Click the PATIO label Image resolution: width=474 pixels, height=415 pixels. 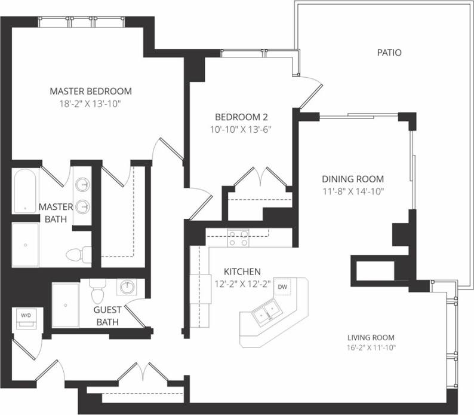click(x=389, y=53)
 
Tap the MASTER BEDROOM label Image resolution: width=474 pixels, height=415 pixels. click(x=90, y=91)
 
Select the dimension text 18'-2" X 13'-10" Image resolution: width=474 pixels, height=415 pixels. click(x=90, y=103)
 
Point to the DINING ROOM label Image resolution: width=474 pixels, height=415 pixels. click(x=352, y=179)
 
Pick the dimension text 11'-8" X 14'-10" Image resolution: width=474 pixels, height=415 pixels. click(x=352, y=191)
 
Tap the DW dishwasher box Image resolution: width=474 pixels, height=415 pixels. click(x=282, y=287)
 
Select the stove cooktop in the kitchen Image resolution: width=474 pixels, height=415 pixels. click(x=238, y=238)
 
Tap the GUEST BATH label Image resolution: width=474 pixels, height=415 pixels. click(x=107, y=316)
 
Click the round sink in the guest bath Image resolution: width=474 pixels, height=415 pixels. click(x=127, y=288)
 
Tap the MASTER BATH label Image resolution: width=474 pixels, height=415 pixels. click(x=56, y=212)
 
